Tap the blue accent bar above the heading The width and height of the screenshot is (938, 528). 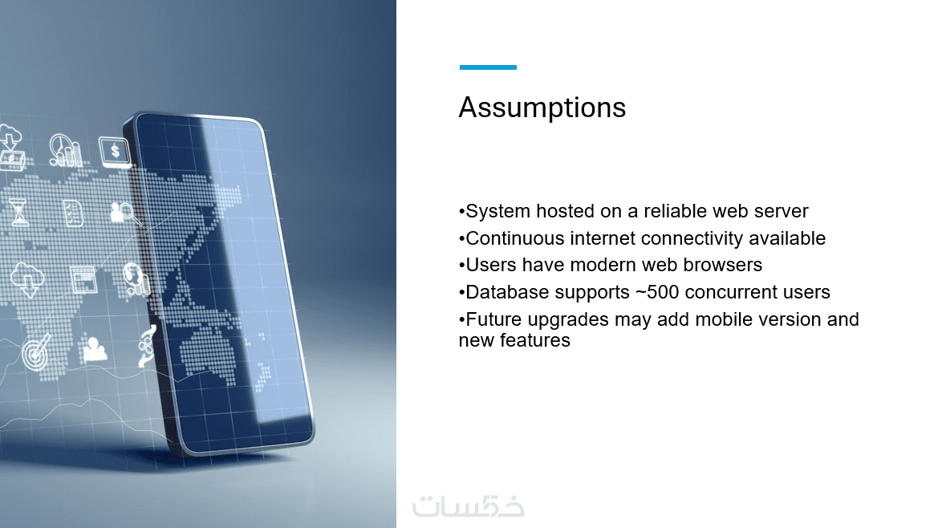488,67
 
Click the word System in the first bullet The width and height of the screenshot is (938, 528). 497,211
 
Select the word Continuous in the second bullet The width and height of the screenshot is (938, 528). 515,238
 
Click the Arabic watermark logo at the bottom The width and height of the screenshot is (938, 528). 469,506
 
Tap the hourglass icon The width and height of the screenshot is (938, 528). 19,213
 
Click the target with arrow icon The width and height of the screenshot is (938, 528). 36,351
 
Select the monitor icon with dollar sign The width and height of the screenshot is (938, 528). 114,152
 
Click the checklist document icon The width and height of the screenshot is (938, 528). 73,213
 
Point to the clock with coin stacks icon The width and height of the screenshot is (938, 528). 65,150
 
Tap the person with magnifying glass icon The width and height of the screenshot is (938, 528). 124,213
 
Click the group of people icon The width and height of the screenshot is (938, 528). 95,350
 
